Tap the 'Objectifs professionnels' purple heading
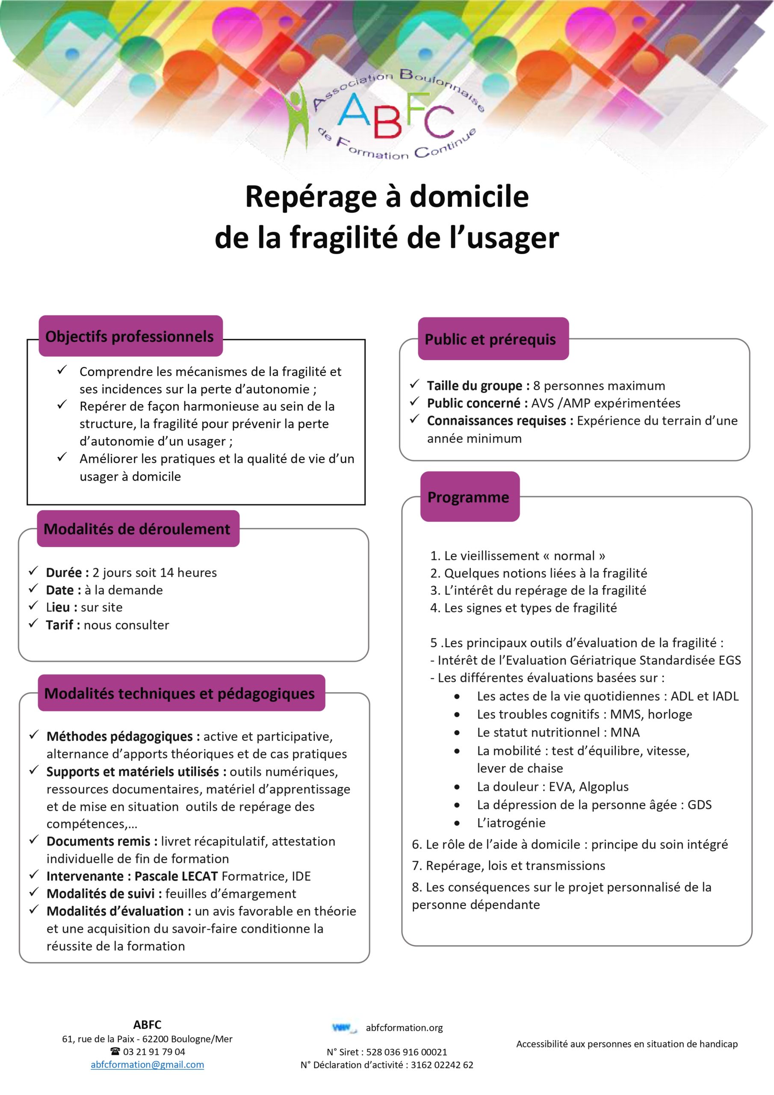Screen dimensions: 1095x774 [130, 337]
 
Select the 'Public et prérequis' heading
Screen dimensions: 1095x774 [490, 340]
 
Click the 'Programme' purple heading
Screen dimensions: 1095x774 [468, 497]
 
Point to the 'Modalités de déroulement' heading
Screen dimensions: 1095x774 [137, 529]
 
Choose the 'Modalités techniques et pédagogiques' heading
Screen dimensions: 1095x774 [180, 693]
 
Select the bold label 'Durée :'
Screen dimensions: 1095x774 [67, 572]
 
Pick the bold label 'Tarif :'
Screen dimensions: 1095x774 [63, 625]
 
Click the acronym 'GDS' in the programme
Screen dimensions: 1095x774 [699, 805]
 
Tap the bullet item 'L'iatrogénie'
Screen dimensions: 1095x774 [511, 823]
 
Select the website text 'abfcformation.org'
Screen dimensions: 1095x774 [405, 1028]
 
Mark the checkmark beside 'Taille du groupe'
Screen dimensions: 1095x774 [414, 384]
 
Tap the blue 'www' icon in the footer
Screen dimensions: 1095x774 [343, 1028]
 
